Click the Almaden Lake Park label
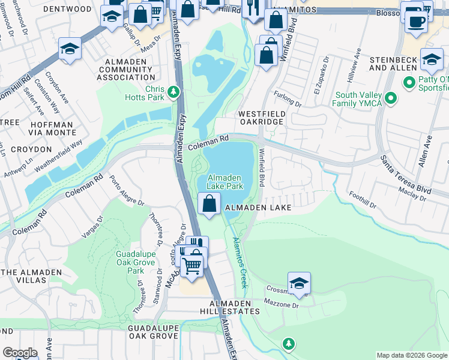pos(224,182)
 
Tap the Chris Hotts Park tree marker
pos(173,92)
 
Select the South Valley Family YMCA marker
pos(390,97)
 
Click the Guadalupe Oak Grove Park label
pos(135,262)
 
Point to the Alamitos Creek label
pos(239,261)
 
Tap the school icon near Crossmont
pos(299,283)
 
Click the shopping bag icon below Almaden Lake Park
pos(209,204)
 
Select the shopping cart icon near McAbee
pos(192,263)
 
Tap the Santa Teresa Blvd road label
pos(406,174)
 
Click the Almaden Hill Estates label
pos(230,311)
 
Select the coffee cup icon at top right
pos(416,20)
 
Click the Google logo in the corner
pos(20,352)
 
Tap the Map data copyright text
pos(411,355)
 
